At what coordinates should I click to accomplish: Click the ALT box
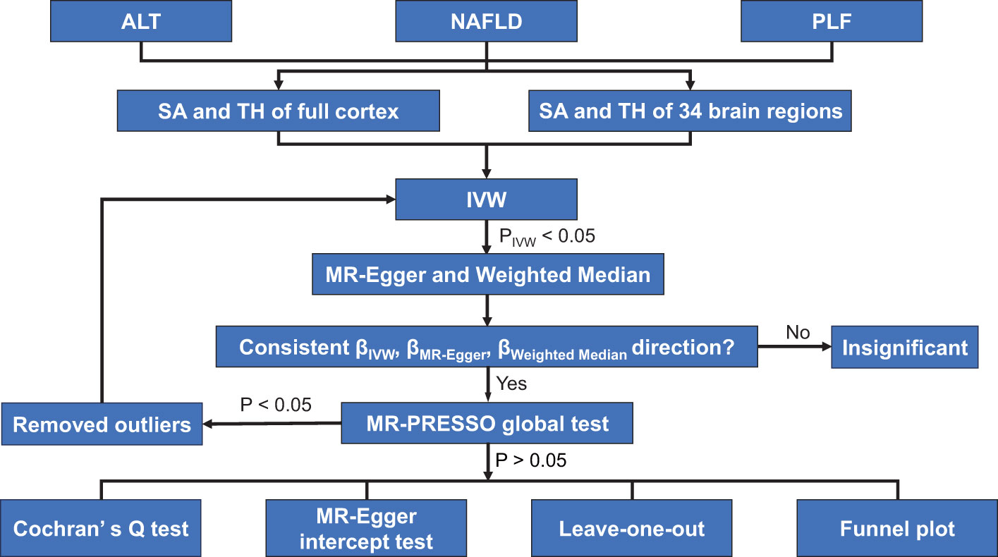[x=141, y=21]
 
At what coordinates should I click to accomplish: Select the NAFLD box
[x=486, y=21]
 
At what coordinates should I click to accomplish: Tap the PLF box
[x=832, y=21]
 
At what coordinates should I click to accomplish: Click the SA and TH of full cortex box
[x=279, y=111]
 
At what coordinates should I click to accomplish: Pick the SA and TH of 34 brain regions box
[x=690, y=111]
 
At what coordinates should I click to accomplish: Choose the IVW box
[x=486, y=200]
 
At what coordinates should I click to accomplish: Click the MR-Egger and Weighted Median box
[x=488, y=274]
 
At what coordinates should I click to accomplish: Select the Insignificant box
[x=904, y=348]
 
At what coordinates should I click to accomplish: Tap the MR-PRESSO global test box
[x=487, y=423]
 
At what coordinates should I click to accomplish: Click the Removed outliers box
[x=102, y=424]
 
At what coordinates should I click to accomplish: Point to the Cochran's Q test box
[x=101, y=528]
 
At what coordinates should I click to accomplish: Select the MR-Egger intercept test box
[x=366, y=528]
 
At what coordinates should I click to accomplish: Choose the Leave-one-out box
[x=632, y=528]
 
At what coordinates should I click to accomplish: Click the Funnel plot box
[x=897, y=528]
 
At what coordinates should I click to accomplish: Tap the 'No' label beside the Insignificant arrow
[x=798, y=332]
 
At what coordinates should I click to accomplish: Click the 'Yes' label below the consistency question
[x=511, y=384]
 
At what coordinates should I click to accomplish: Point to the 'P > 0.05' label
[x=530, y=460]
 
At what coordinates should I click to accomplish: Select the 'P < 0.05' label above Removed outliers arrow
[x=276, y=405]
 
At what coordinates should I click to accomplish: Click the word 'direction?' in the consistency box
[x=683, y=347]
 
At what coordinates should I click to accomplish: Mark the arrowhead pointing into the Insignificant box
[x=827, y=347]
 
